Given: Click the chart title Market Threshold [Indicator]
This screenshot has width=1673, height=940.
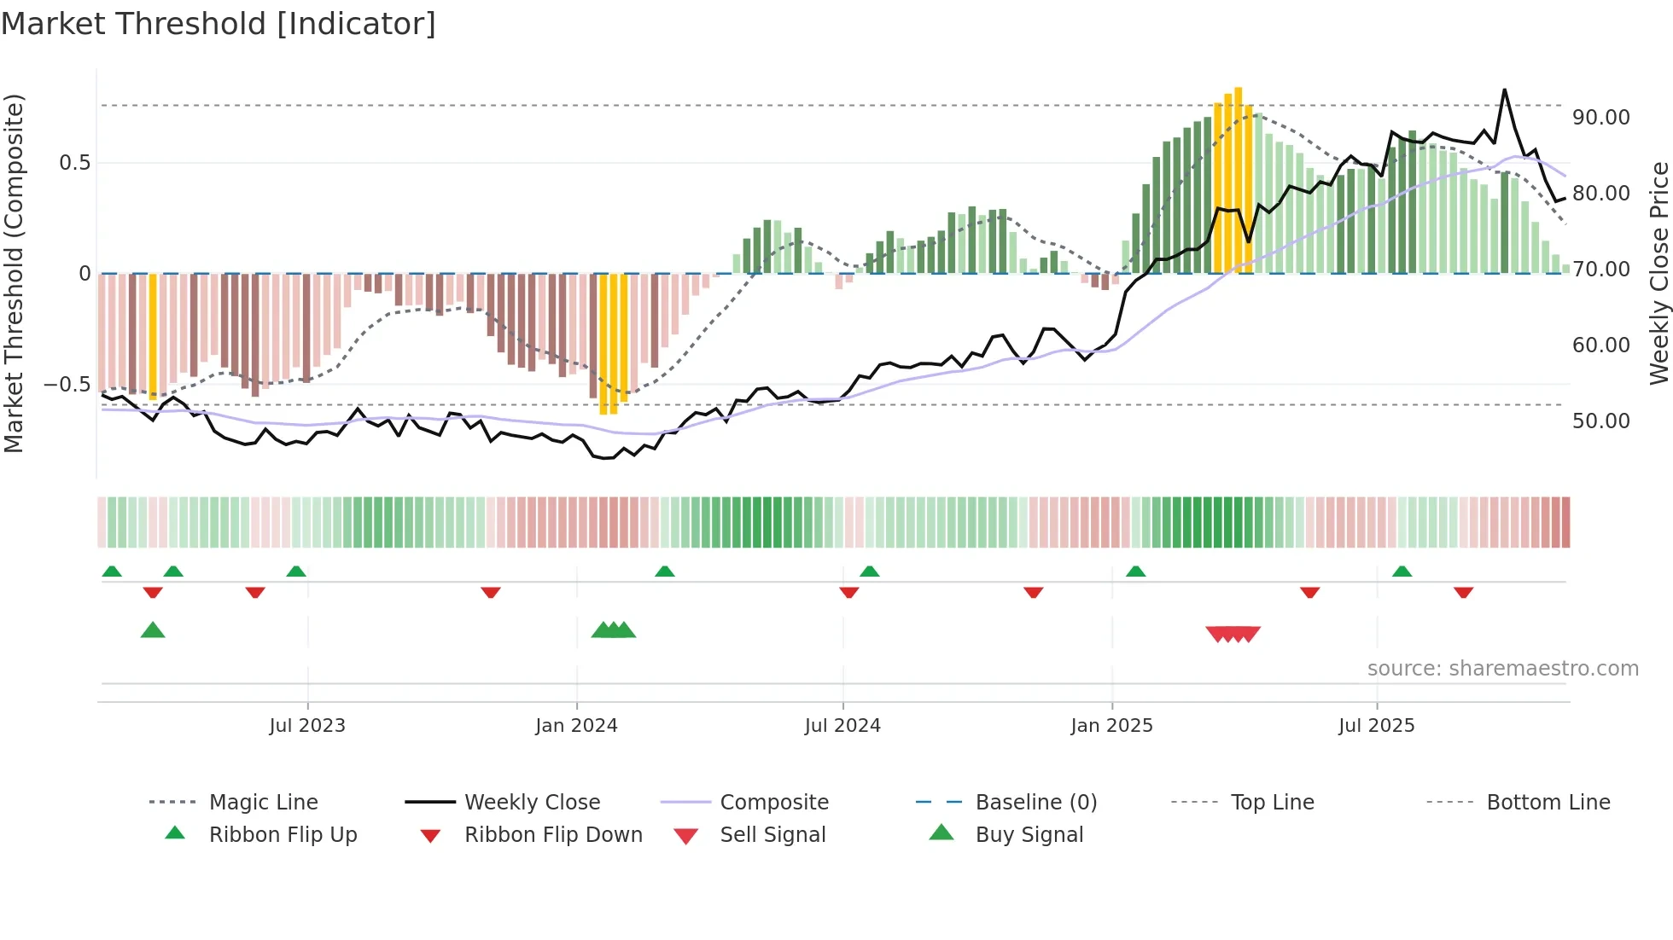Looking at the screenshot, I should click(219, 24).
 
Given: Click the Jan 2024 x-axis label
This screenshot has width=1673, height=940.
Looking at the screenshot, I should click(576, 726).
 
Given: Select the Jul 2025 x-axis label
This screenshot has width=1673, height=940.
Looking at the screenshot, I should click(1376, 726).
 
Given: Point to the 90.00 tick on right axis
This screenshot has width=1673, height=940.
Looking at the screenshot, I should click(1600, 118).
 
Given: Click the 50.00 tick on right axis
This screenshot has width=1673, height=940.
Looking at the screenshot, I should click(1600, 421).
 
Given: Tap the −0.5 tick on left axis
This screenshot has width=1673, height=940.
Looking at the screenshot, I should click(67, 385).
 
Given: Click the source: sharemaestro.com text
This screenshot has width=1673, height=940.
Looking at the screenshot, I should click(1502, 669).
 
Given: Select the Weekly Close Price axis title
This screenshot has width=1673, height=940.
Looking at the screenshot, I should click(1658, 273).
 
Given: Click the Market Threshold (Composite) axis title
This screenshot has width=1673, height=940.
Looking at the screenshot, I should click(14, 273).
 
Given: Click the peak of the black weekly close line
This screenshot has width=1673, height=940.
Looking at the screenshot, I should click(1504, 90).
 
